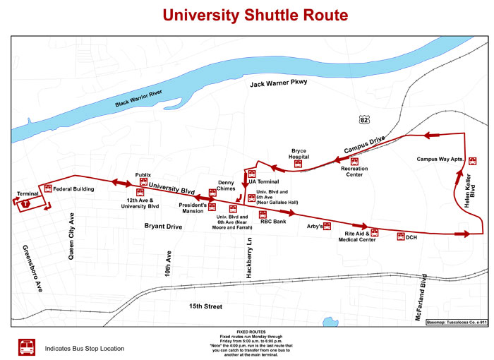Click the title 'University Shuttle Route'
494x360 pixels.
click(246, 15)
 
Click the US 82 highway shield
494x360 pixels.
click(363, 121)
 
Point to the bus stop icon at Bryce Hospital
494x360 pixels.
click(299, 164)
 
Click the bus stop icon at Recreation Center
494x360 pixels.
click(354, 162)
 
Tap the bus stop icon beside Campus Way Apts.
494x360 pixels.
click(472, 160)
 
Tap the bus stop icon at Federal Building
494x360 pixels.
click(48, 188)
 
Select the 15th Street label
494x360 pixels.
click(205, 306)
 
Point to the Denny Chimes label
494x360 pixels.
click(226, 185)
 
